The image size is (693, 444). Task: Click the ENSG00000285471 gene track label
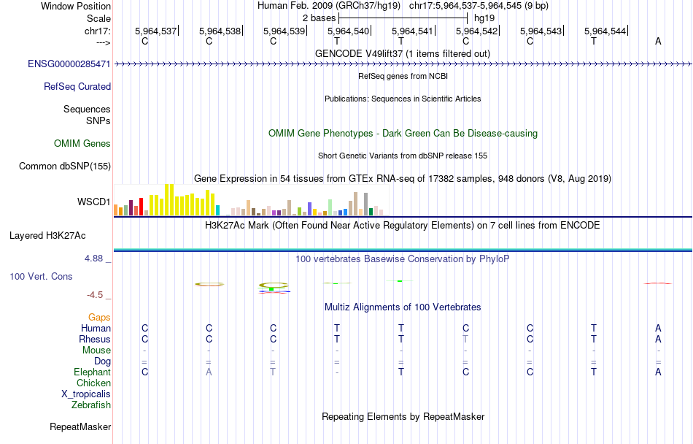click(69, 64)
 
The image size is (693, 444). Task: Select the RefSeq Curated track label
click(77, 86)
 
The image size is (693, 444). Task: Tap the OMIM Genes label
click(82, 144)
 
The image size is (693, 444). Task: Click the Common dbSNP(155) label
click(65, 166)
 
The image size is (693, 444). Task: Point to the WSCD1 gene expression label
click(94, 202)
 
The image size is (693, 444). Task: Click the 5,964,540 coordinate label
click(349, 31)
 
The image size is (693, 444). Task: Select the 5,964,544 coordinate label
click(605, 31)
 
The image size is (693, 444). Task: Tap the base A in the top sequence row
click(658, 41)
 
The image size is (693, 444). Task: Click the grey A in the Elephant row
click(209, 372)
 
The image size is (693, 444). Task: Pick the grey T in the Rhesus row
click(465, 339)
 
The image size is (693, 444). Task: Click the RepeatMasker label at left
click(80, 426)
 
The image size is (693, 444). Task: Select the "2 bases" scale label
click(320, 17)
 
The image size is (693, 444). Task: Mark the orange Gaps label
click(99, 317)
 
